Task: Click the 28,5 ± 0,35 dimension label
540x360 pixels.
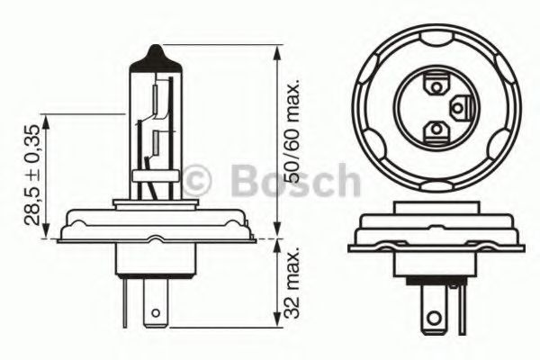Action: tap(33, 175)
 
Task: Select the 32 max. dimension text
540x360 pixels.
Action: tap(292, 283)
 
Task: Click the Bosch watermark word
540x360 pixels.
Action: tap(296, 180)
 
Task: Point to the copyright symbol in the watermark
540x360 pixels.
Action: tap(196, 180)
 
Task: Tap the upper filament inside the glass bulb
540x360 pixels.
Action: tap(156, 99)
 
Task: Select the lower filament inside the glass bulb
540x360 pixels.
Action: tap(156, 142)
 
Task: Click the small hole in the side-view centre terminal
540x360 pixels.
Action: tap(156, 313)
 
